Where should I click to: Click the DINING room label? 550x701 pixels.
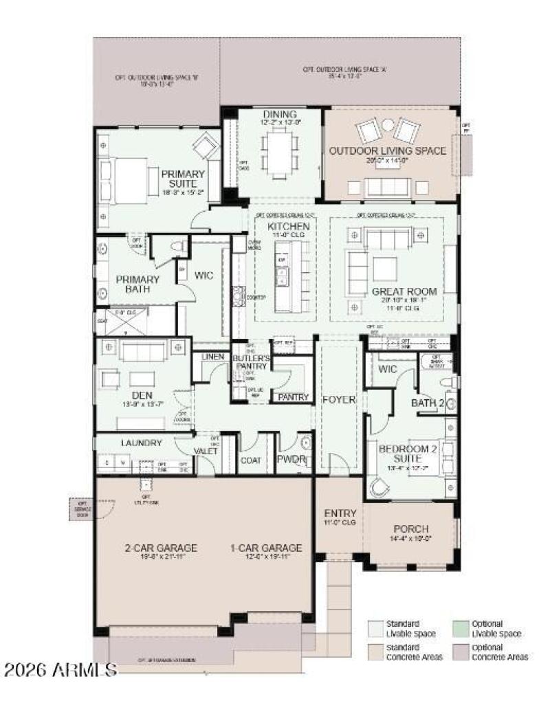[279, 114]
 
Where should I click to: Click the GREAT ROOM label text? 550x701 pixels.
[404, 291]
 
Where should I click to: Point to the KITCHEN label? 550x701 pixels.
[288, 226]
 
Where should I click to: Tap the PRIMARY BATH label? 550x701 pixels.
[137, 285]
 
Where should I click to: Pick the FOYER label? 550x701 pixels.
[340, 399]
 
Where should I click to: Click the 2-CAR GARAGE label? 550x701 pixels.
[161, 548]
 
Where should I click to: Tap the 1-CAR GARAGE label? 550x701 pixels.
[266, 548]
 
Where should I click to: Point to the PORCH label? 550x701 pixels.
[412, 528]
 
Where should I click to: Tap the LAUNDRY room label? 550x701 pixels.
[141, 443]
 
